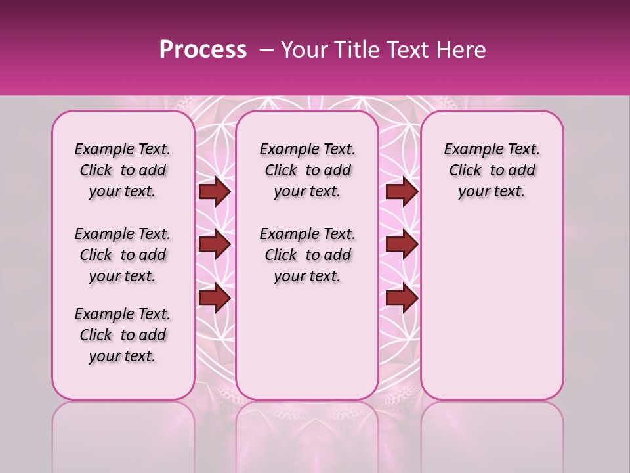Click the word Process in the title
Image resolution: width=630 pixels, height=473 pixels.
click(203, 50)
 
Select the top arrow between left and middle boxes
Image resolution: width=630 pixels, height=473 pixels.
click(215, 191)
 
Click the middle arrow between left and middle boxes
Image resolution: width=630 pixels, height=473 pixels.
click(215, 244)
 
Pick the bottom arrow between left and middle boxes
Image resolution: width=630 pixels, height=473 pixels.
click(215, 298)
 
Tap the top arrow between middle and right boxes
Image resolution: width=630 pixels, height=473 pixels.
click(402, 191)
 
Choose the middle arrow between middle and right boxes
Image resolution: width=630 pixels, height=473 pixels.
click(402, 244)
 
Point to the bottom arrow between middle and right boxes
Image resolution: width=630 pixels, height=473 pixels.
click(402, 298)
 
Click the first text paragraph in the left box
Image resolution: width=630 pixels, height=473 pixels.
click(123, 170)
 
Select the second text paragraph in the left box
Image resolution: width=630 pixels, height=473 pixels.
click(123, 255)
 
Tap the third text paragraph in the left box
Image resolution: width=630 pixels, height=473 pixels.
click(123, 335)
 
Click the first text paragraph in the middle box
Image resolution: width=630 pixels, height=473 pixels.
click(307, 170)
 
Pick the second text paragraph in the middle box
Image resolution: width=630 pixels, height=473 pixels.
click(307, 255)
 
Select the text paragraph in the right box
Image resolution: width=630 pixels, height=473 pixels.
click(492, 170)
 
